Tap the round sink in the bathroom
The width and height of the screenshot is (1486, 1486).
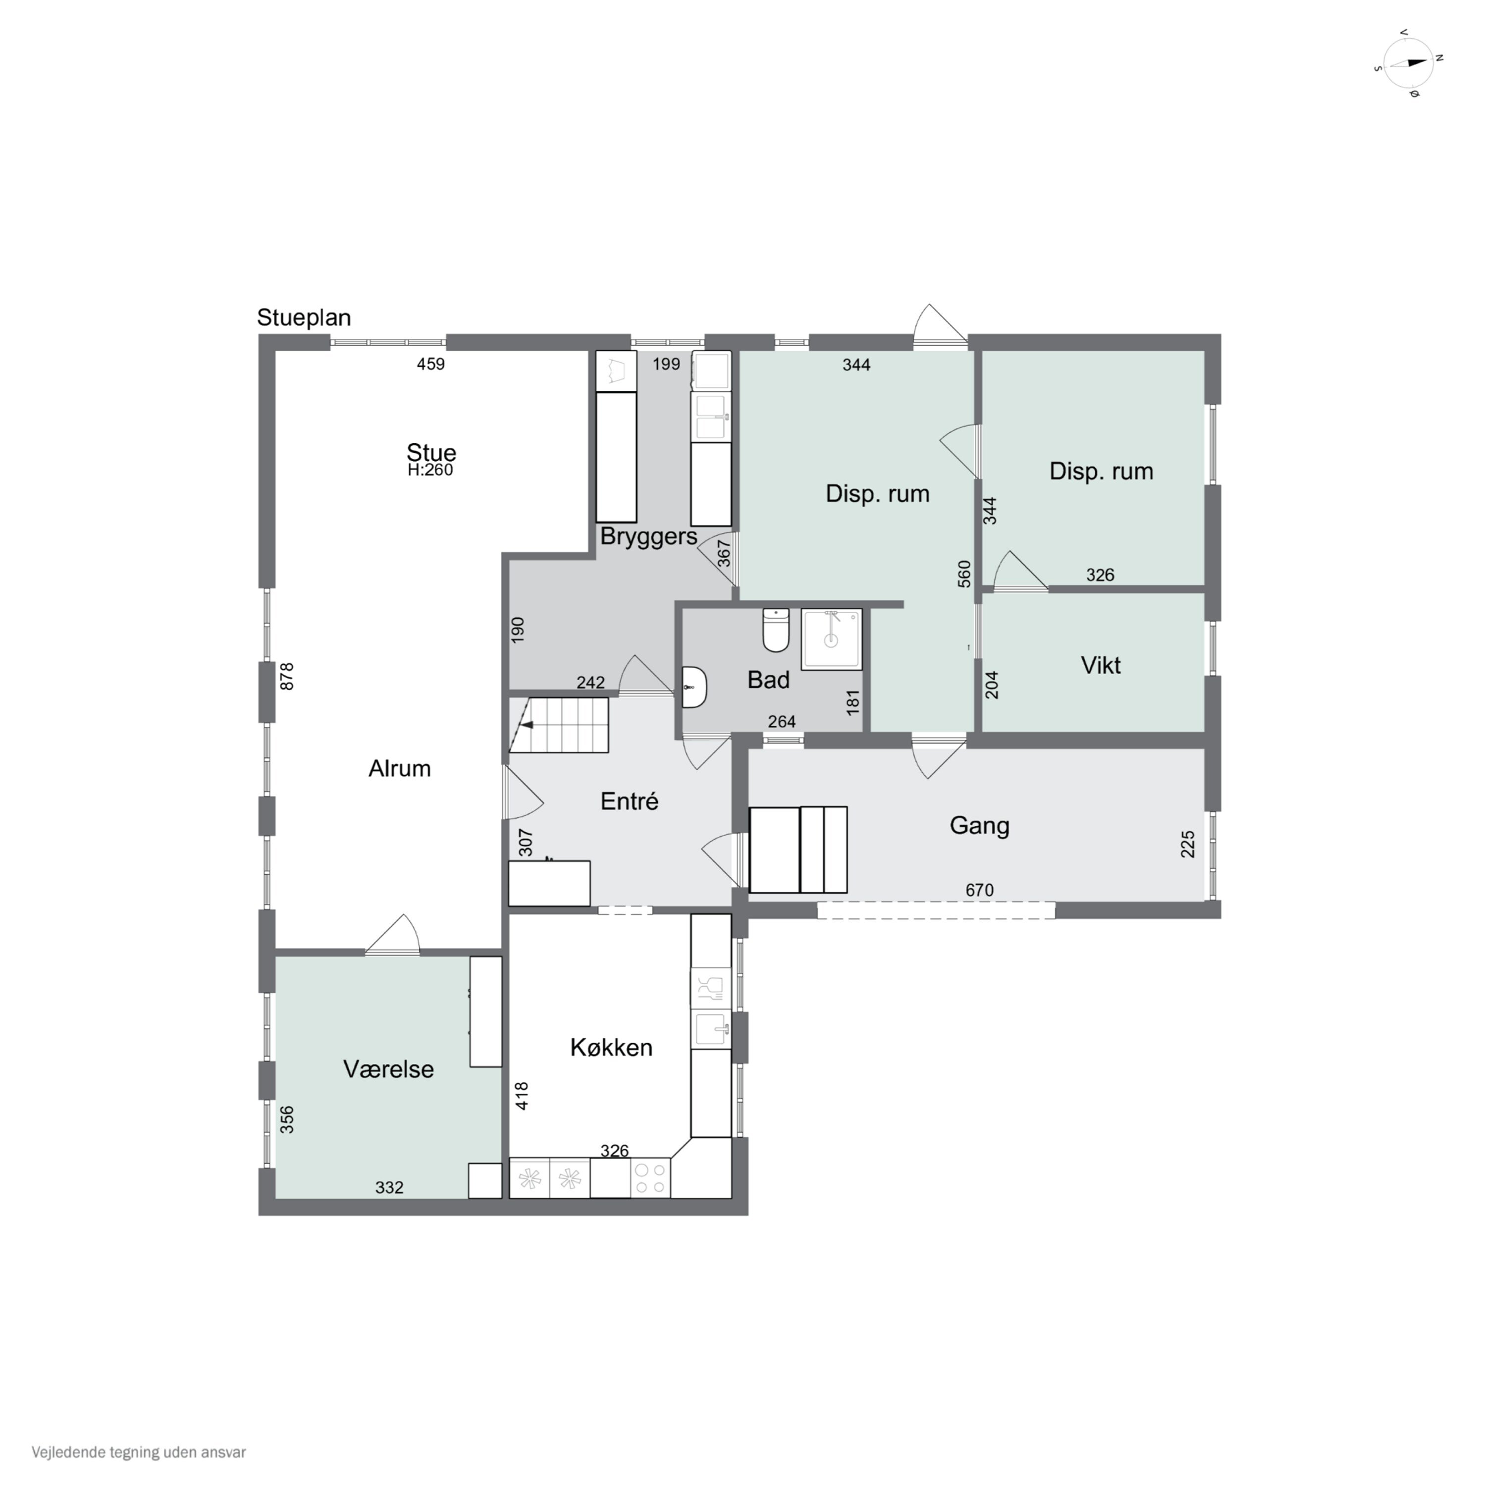(x=694, y=686)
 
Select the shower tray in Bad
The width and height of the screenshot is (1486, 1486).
(x=832, y=639)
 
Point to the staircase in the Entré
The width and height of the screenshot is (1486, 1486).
(x=558, y=725)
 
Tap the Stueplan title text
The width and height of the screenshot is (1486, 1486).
(x=304, y=318)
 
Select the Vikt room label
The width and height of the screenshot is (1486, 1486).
(x=1101, y=665)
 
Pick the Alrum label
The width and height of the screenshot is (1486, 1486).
(x=399, y=768)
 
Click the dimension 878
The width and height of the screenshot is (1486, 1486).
(x=287, y=677)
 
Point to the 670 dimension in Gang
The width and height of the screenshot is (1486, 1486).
(x=979, y=890)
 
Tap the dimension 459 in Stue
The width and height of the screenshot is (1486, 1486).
(x=431, y=364)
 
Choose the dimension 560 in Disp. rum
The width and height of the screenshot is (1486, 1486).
(x=964, y=574)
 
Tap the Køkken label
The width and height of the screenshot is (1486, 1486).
(x=611, y=1048)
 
